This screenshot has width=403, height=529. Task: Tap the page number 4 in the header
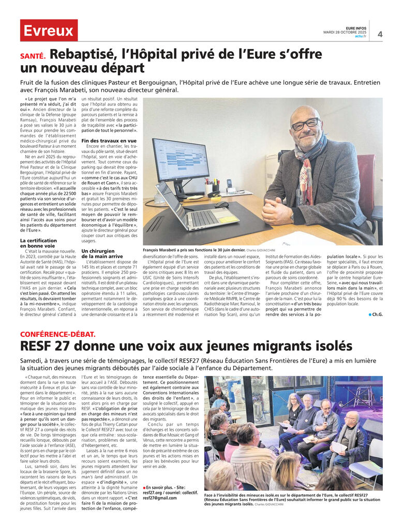[380, 35]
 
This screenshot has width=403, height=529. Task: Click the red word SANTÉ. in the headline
[33, 56]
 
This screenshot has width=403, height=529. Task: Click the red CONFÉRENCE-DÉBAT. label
[58, 334]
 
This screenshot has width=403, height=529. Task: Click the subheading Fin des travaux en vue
[109, 141]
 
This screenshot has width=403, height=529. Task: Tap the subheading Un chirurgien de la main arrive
[102, 253]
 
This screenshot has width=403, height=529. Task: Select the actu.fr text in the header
[361, 36]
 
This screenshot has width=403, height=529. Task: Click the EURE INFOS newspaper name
[356, 28]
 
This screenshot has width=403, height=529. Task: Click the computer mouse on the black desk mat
[221, 205]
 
